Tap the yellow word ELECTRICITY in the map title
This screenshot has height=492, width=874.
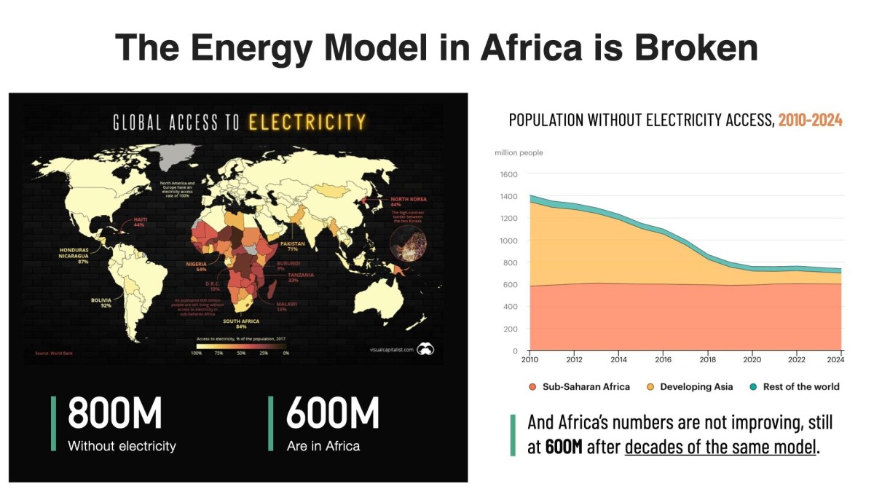coord(307,122)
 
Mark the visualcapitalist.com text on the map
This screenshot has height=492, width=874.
coord(391,350)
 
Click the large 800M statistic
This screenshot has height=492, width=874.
coord(114,414)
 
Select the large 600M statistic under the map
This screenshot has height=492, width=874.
coord(333,414)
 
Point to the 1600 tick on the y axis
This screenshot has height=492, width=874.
coord(508,174)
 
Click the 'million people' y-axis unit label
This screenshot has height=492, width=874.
coord(519,152)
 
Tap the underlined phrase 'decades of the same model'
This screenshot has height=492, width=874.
coord(720,447)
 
